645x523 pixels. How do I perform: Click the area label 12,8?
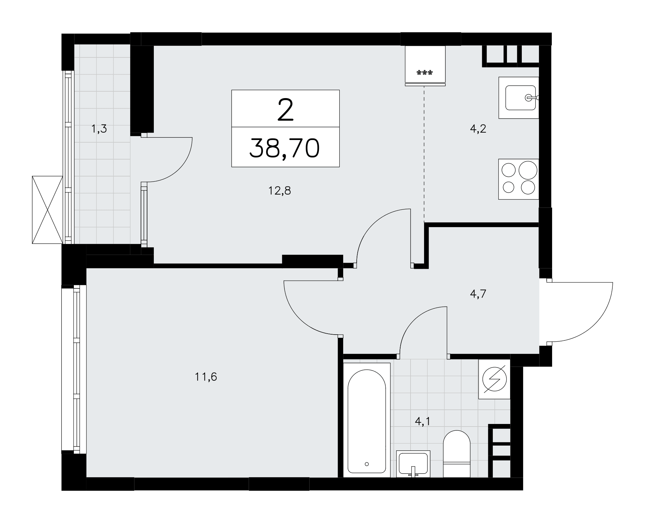pyautogui.click(x=280, y=191)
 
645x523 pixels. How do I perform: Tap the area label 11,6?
pyautogui.click(x=206, y=377)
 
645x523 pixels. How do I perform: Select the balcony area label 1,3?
pyautogui.click(x=99, y=129)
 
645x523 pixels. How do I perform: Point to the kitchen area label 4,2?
pyautogui.click(x=478, y=129)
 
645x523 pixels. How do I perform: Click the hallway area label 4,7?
pyautogui.click(x=478, y=294)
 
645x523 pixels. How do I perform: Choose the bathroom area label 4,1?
pyautogui.click(x=423, y=421)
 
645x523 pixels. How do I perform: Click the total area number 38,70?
pyautogui.click(x=285, y=148)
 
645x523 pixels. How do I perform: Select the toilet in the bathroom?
pyautogui.click(x=457, y=454)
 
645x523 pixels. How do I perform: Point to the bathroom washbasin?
pyautogui.click(x=413, y=464)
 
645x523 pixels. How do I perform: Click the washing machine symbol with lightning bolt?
pyautogui.click(x=494, y=379)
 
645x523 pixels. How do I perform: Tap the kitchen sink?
pyautogui.click(x=519, y=98)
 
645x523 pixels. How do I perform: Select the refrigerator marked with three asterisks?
pyautogui.click(x=425, y=66)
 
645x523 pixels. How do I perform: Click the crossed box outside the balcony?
pyautogui.click(x=47, y=210)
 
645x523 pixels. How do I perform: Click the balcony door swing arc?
pyautogui.click(x=181, y=170)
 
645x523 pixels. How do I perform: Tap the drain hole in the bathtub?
pyautogui.click(x=367, y=464)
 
